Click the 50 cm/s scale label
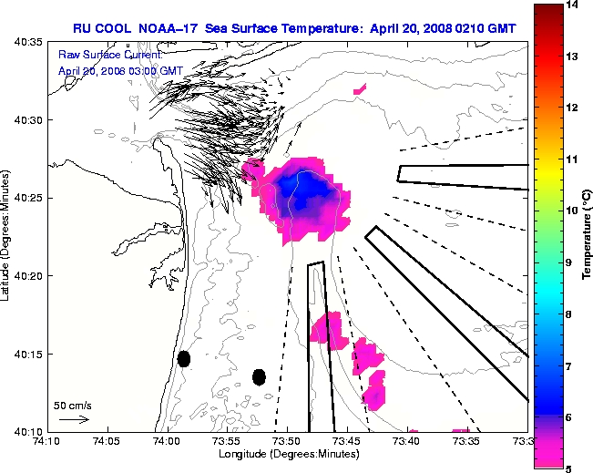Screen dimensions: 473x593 click(x=72, y=405)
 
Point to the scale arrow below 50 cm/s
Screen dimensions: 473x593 click(x=73, y=419)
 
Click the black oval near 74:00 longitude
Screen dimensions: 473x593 click(x=183, y=358)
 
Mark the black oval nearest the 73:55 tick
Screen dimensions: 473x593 click(x=259, y=376)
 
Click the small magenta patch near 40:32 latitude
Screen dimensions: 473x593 click(x=360, y=89)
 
